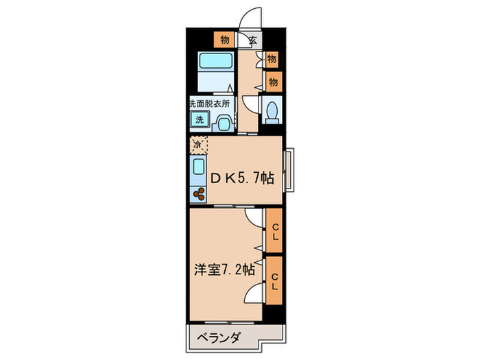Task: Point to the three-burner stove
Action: tap(200, 194)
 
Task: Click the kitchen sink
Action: tap(199, 168)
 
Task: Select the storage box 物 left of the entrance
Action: tap(224, 39)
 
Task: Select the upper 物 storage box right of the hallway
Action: tap(272, 60)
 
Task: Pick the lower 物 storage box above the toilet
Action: tap(272, 82)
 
